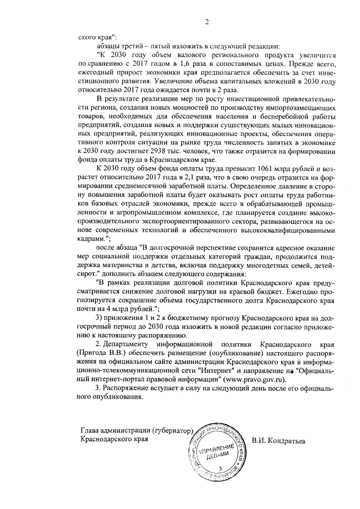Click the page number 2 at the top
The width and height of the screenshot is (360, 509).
206,21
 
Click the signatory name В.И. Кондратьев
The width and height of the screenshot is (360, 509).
278,440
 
